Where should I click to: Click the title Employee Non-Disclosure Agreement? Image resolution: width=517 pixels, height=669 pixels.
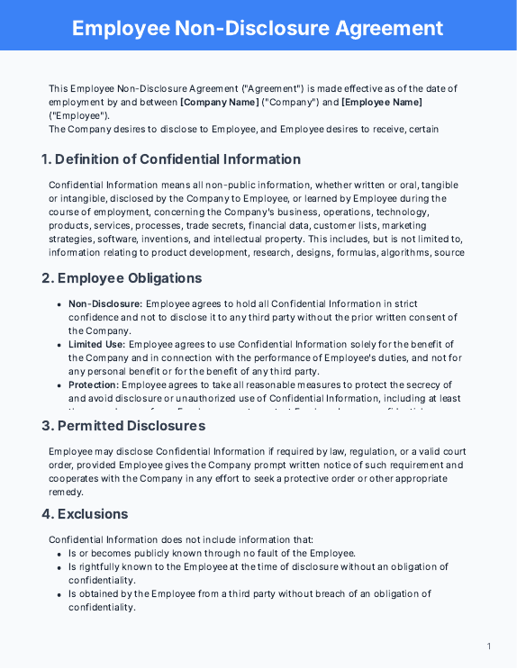coord(258,27)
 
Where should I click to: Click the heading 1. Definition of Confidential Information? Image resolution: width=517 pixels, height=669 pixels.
coord(171,159)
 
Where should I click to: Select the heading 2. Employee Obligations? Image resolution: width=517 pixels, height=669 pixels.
coord(122,278)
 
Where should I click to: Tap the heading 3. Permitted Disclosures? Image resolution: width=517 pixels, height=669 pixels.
coord(123,425)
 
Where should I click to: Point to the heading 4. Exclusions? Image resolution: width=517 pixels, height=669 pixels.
coord(85,514)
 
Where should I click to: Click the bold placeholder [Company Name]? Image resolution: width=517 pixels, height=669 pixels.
coord(220,102)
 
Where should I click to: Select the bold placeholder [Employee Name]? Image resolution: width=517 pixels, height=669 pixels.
coord(381,102)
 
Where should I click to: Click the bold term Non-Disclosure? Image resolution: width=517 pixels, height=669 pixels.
coord(105,304)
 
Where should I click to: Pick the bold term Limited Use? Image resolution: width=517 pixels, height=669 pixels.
coord(96,344)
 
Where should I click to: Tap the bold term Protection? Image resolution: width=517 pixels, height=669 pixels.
coord(94,384)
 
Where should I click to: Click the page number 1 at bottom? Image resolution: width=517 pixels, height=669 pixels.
coord(489,646)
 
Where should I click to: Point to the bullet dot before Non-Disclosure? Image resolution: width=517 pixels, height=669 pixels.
coord(59,305)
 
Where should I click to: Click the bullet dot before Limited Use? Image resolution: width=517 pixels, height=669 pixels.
coord(59,345)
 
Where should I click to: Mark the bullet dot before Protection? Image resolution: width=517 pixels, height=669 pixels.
coord(59,385)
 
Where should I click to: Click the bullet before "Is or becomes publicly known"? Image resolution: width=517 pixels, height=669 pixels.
coord(59,554)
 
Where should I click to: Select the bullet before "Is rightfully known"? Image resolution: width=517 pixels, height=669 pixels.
coord(59,568)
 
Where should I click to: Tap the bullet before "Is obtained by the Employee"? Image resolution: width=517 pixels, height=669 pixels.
coord(59,594)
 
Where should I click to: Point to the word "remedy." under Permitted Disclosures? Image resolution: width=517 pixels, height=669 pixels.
coord(65,492)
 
